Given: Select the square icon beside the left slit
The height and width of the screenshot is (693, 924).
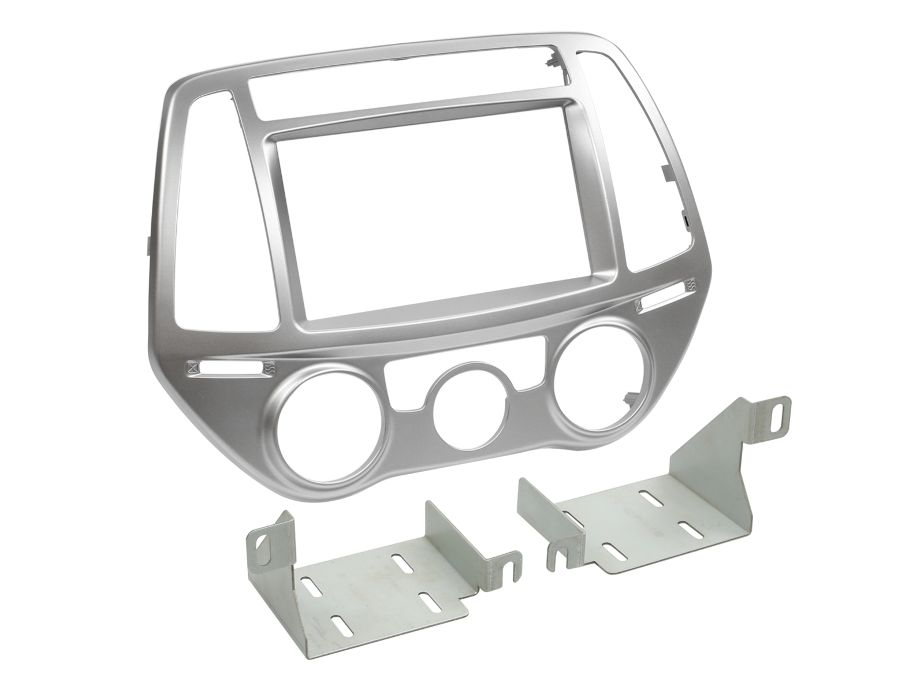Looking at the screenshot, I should pos(192,367).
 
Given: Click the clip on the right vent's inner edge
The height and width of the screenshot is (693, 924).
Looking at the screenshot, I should pos(664,173).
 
